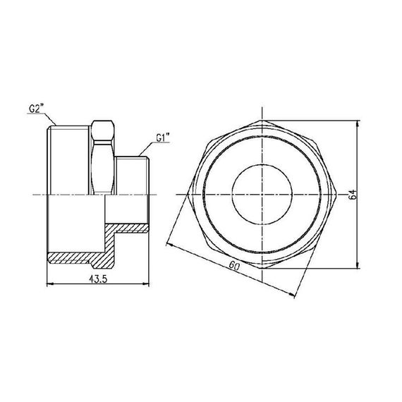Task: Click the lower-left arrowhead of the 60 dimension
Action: coord(167,243)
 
